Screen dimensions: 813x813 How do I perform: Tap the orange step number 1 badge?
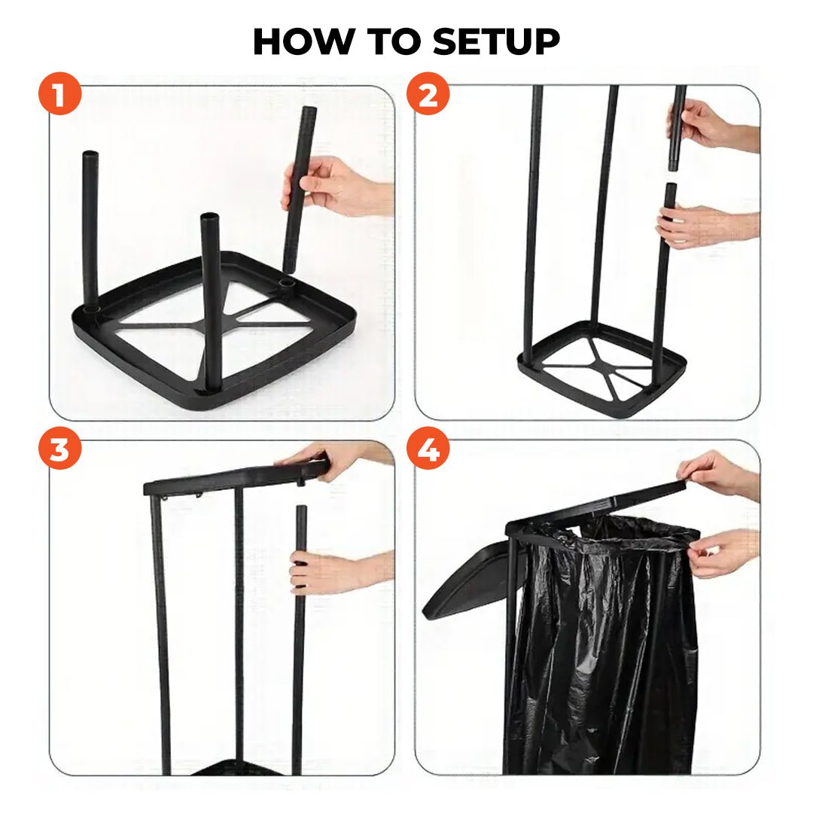pos(59,96)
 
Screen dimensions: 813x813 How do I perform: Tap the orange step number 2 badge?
pos(428,96)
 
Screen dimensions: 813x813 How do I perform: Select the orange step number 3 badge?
pos(59,449)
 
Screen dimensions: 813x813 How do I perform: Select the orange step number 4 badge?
pos(428,449)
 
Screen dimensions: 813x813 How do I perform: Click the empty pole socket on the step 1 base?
pos(287,284)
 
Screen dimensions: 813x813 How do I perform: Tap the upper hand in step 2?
pos(700,124)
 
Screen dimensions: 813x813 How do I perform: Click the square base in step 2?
pos(601,369)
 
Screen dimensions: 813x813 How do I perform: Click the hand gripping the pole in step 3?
pos(324,571)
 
